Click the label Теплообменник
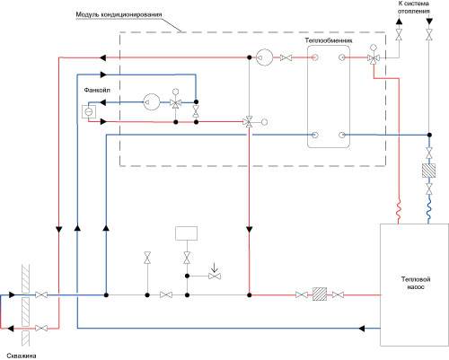[x=329, y=40]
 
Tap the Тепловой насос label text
[x=416, y=283]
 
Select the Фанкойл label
[x=97, y=90]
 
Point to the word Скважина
[x=22, y=356]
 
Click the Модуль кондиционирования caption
[x=119, y=14]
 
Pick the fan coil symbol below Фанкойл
[x=89, y=111]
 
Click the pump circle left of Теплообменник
[x=265, y=57]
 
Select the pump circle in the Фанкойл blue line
[x=152, y=102]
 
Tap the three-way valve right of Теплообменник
[x=374, y=57]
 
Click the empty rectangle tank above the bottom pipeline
[x=186, y=233]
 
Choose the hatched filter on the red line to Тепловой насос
[x=320, y=294]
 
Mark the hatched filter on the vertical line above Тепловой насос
[x=428, y=171]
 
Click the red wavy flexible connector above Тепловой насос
[x=399, y=209]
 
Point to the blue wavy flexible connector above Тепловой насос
[x=428, y=209]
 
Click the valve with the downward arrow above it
[x=215, y=276]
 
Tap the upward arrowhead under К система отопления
[x=399, y=22]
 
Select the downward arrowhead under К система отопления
[x=429, y=22]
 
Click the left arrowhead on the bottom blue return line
[x=361, y=329]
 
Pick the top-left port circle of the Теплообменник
[x=314, y=57]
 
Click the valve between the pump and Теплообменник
[x=286, y=57]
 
